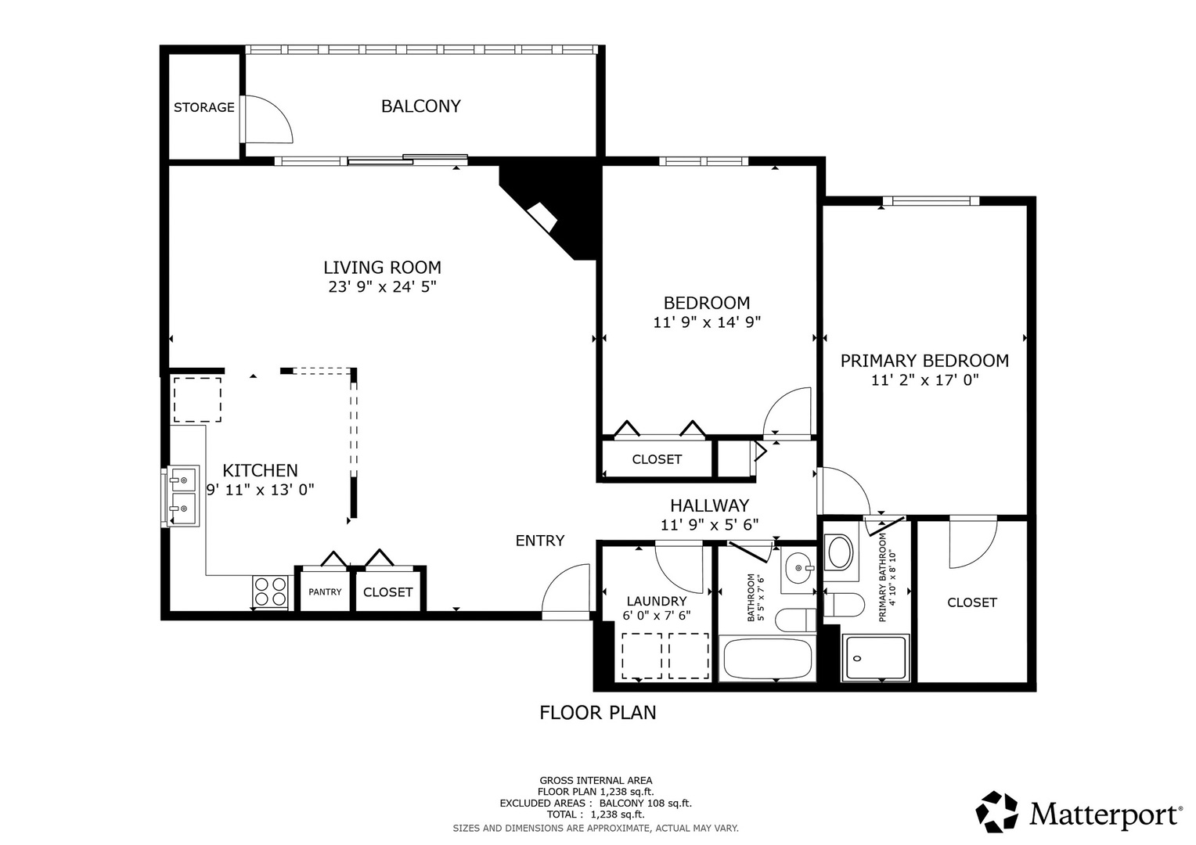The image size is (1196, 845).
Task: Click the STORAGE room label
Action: [x=204, y=107]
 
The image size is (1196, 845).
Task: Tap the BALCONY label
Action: [x=420, y=106]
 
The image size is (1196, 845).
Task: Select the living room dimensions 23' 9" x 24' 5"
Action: [x=382, y=287]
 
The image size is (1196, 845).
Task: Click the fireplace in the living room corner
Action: [x=542, y=216]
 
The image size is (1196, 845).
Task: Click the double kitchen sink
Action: [x=182, y=496]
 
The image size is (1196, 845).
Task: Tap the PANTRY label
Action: [x=325, y=591]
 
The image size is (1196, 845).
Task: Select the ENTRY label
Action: [x=539, y=541]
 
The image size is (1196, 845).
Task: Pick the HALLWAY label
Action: [x=709, y=505]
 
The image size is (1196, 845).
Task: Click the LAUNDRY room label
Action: [x=656, y=601]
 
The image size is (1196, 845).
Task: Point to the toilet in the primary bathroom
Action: [x=845, y=605]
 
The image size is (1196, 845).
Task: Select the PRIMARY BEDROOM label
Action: [x=924, y=361]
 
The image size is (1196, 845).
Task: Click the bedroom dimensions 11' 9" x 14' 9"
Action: [x=707, y=322]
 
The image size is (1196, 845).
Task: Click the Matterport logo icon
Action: [x=996, y=812]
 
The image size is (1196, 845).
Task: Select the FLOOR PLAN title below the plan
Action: [x=598, y=712]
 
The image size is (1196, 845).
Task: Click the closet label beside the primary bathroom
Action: [x=971, y=602]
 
